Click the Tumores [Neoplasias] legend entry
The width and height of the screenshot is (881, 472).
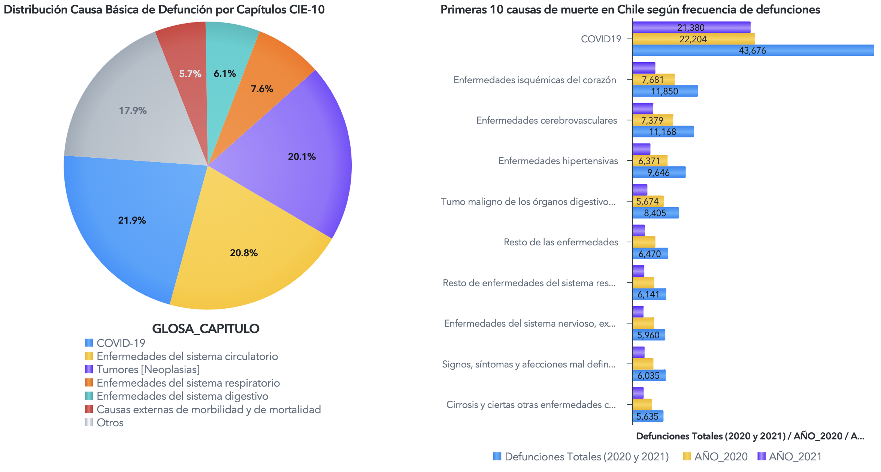tap(148, 370)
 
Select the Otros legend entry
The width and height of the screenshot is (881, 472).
tap(110, 423)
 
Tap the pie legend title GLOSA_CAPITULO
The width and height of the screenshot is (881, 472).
tap(206, 329)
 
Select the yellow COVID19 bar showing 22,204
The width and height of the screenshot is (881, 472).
tap(693, 39)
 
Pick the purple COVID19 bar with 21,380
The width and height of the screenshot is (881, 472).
tap(691, 27)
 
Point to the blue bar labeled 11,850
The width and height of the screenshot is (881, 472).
tap(665, 91)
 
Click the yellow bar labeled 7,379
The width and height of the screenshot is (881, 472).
tap(653, 120)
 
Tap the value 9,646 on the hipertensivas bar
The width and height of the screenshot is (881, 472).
tap(659, 172)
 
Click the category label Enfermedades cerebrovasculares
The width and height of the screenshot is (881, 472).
tap(547, 120)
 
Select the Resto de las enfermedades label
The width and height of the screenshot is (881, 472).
tap(561, 242)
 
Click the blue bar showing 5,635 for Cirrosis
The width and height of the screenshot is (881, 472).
tap(647, 416)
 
